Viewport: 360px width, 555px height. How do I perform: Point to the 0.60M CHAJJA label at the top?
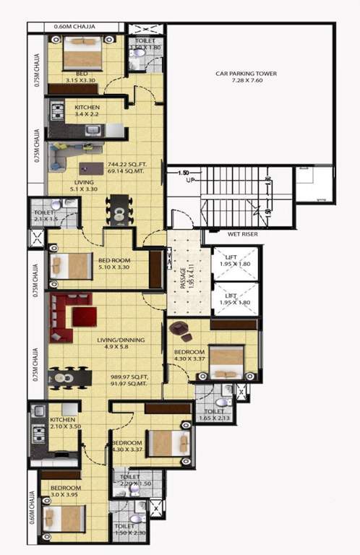(77, 28)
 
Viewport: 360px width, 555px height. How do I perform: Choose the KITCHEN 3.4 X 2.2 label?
(87, 111)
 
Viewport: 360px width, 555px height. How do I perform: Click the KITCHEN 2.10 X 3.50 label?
(63, 424)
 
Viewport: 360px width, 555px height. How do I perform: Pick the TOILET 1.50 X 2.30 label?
(129, 530)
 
